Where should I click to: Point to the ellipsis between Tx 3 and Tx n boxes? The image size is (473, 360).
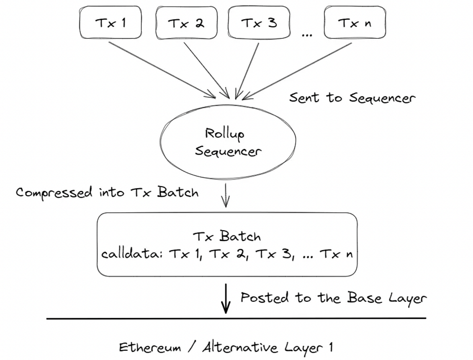click(x=307, y=35)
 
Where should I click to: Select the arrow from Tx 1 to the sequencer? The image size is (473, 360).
click(x=162, y=70)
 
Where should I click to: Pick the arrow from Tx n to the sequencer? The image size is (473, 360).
click(x=297, y=71)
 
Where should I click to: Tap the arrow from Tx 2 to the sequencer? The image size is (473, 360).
click(x=206, y=70)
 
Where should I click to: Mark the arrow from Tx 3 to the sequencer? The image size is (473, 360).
click(x=247, y=71)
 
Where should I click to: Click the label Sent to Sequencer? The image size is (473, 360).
click(x=352, y=98)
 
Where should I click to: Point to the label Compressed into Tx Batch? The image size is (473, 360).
click(x=107, y=192)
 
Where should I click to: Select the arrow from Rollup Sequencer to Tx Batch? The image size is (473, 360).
click(x=225, y=196)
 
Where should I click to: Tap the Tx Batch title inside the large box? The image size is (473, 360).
click(x=227, y=236)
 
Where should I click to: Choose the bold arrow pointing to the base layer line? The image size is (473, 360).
click(x=225, y=299)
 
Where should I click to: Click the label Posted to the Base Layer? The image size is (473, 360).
click(x=334, y=298)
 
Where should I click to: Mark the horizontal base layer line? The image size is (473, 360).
click(x=236, y=318)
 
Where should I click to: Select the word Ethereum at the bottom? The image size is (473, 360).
click(x=150, y=348)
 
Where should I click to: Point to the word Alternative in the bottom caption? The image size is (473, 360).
click(x=240, y=348)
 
